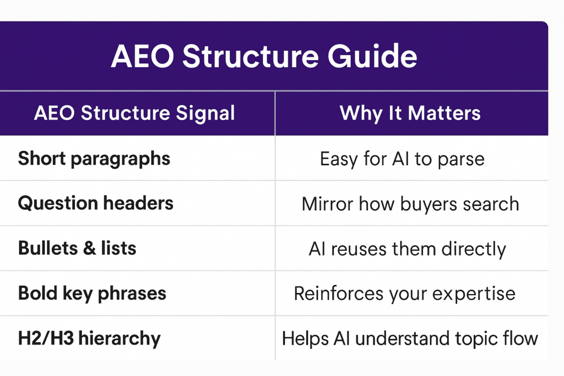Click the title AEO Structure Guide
coord(264,56)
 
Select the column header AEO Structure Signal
coord(134,113)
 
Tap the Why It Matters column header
coord(410,113)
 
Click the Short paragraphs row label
coord(94,159)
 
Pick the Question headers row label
coord(96,203)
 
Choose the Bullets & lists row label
coord(77,248)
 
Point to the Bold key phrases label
coord(92,293)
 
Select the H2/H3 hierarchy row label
coord(89,337)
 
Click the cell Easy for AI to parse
coord(402,159)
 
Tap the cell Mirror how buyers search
coord(410,204)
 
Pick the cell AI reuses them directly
coord(407,249)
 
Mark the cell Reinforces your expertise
coord(404,293)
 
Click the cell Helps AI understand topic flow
coord(410,338)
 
